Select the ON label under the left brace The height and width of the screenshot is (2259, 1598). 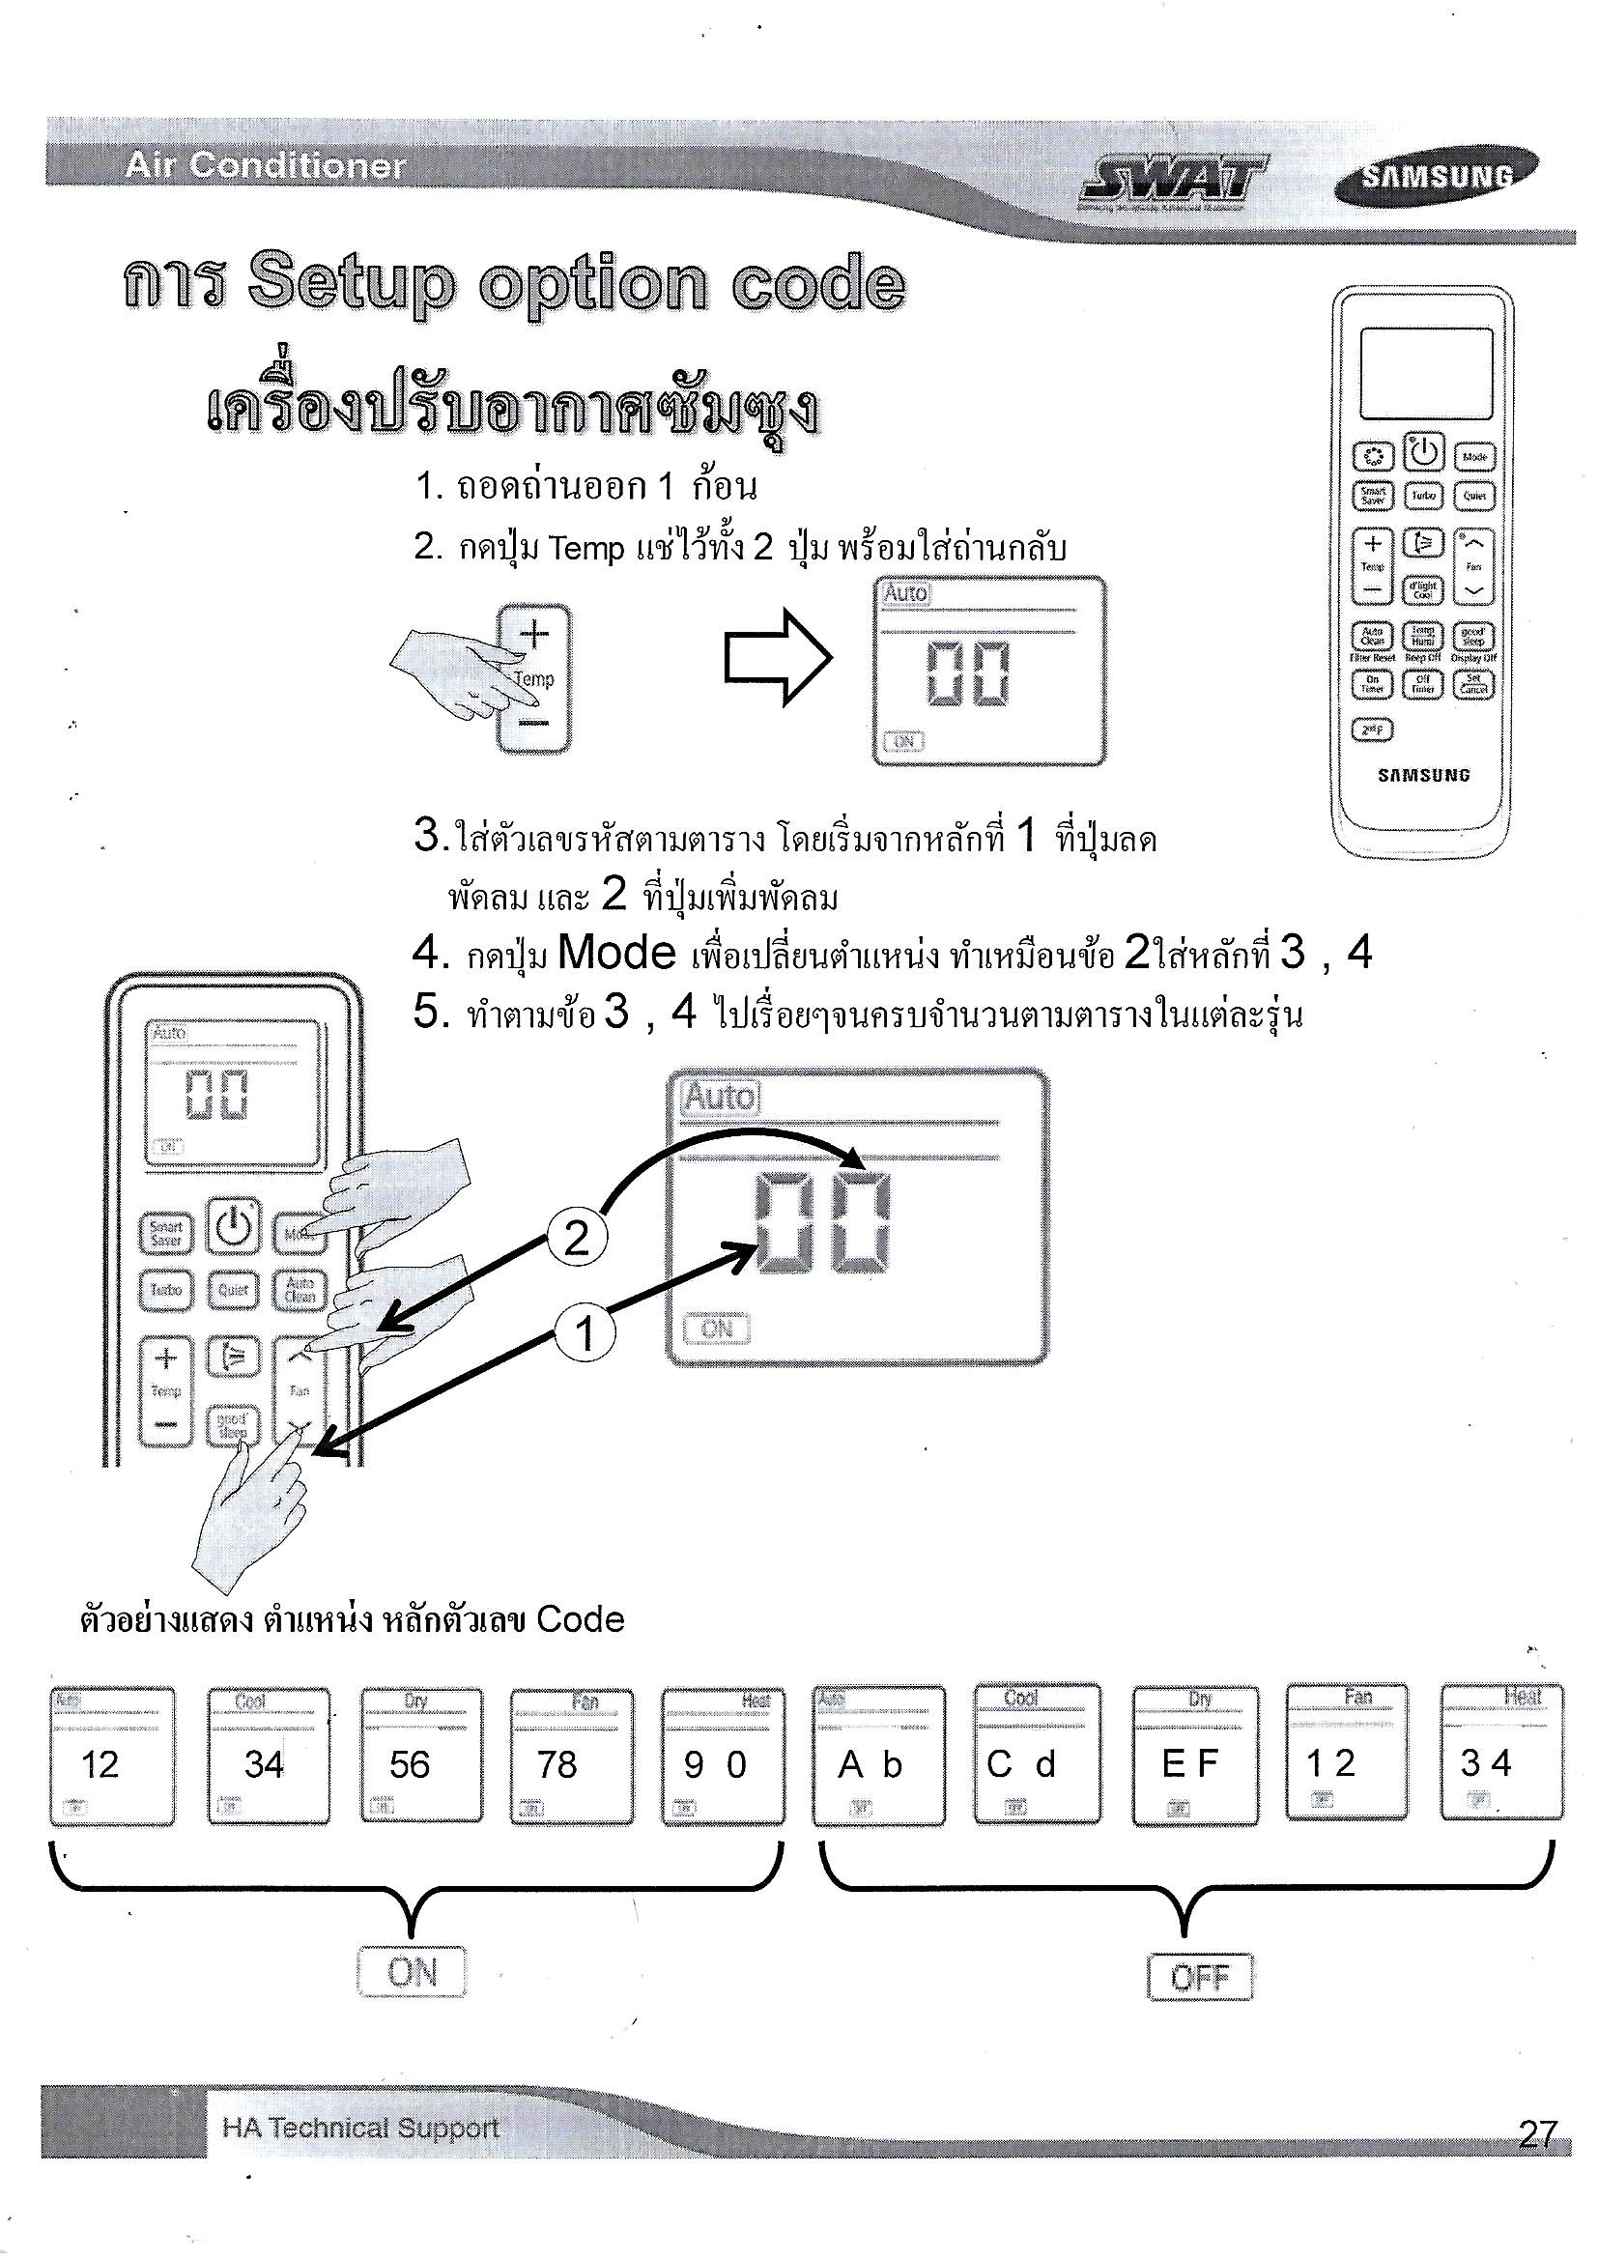click(412, 1972)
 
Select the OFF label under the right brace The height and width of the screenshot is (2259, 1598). click(1201, 1977)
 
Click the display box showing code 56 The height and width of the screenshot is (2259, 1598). click(422, 1756)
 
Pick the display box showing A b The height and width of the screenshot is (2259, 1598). click(877, 1755)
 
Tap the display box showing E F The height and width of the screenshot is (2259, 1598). click(1195, 1755)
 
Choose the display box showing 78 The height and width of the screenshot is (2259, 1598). click(572, 1756)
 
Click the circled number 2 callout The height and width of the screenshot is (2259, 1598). click(576, 1237)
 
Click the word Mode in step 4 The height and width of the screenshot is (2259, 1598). click(616, 953)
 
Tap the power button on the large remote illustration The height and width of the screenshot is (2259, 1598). click(233, 1227)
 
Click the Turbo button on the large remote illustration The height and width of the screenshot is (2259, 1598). click(166, 1290)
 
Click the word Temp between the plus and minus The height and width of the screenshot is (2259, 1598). click(534, 679)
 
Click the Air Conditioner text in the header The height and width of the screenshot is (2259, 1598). click(265, 166)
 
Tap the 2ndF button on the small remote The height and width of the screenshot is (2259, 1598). click(1371, 729)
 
